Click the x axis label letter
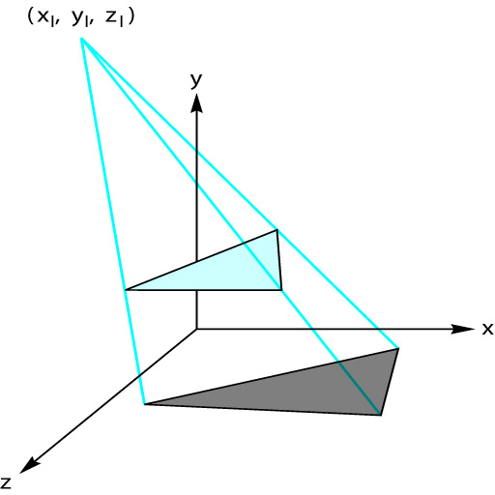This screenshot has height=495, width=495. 487,330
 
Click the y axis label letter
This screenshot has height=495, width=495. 196,80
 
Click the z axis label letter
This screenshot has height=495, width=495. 6,483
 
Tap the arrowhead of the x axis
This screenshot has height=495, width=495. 463,329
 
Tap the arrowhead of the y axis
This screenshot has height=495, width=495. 196,103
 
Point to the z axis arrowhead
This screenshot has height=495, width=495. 30,465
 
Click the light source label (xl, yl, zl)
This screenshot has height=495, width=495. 81,17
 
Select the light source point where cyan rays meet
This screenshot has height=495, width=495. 82,39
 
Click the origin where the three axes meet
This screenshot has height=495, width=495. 196,329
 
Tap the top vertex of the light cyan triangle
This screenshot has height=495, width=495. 277,230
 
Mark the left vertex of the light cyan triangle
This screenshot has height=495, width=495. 126,290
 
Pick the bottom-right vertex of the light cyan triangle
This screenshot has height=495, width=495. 281,290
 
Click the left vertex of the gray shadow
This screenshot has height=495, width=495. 145,404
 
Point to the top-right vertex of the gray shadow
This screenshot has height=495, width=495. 398,348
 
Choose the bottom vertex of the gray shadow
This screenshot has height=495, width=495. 381,415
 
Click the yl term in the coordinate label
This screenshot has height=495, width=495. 80,18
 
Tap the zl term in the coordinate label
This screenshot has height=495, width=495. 114,18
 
